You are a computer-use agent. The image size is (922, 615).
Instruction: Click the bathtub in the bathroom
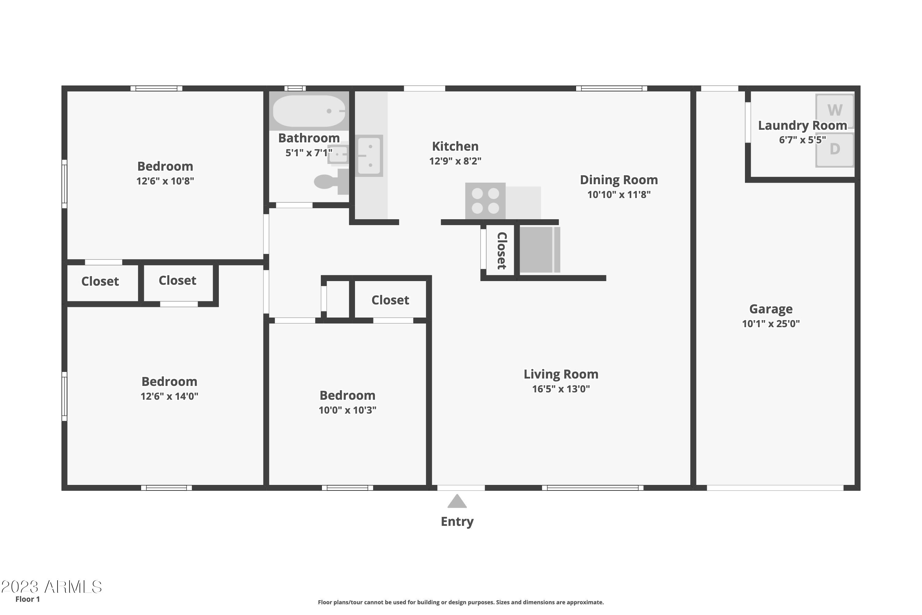coord(309,111)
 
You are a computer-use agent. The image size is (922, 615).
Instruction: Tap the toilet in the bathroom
coord(331,182)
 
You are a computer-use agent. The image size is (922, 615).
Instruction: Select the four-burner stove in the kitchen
coord(485,201)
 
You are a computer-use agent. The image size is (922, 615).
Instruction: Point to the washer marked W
coord(835,111)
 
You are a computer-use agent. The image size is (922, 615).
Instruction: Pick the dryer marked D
coord(835,149)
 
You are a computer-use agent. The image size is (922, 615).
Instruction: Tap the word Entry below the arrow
coord(457,522)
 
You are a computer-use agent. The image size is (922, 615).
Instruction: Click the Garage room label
coord(771,309)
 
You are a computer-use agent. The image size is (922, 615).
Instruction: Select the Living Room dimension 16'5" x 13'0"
coord(561,389)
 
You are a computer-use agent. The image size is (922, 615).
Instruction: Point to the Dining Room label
coord(619,180)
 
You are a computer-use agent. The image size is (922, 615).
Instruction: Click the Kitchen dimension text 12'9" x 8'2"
coord(455,161)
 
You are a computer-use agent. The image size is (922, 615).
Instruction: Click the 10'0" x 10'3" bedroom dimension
coord(347,410)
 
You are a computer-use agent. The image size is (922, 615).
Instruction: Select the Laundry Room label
coord(802,125)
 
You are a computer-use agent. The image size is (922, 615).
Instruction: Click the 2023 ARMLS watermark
coord(51,587)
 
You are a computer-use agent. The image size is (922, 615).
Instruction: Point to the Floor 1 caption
coord(27,599)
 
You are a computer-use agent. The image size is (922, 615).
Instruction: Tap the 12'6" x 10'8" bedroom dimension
coord(165,181)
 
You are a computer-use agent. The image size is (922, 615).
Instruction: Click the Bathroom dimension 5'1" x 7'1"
coord(309,153)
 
